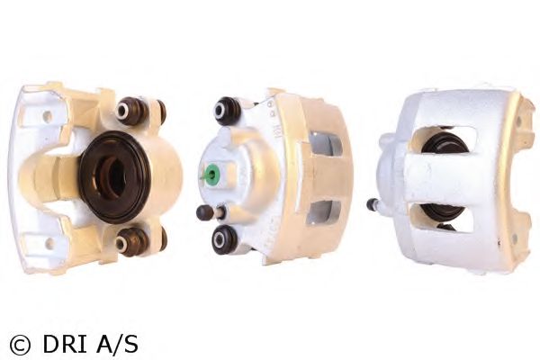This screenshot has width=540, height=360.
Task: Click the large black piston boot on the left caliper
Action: [114, 176]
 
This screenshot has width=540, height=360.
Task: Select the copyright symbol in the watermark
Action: [20, 345]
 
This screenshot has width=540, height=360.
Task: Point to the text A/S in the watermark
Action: [117, 344]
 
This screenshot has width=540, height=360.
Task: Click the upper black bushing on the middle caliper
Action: [226, 111]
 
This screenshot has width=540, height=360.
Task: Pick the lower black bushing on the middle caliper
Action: [224, 239]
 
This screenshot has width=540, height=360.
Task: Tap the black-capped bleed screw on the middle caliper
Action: [204, 212]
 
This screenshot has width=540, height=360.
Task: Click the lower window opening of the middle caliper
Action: [323, 212]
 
